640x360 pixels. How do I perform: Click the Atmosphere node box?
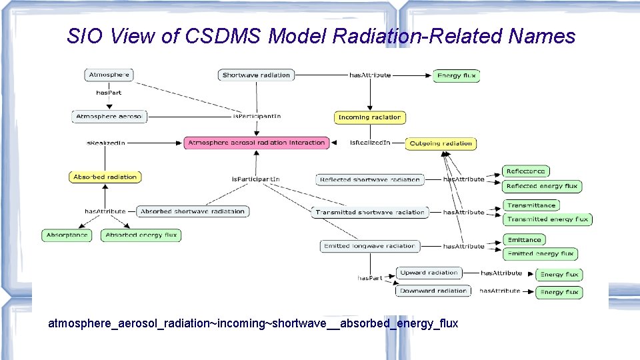tap(109, 75)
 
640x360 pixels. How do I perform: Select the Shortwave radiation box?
tap(256, 75)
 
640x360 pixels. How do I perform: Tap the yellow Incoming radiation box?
tap(369, 117)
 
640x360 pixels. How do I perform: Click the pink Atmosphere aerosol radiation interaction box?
tap(257, 143)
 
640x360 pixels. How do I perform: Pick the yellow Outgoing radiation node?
tap(441, 143)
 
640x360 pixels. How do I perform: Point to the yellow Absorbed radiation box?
tap(105, 177)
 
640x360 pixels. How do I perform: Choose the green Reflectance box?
tap(525, 172)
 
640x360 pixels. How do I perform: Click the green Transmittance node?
tap(531, 205)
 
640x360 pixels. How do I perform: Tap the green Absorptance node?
tap(67, 235)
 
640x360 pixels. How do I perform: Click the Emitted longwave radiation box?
tap(370, 246)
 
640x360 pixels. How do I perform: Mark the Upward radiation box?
tap(429, 273)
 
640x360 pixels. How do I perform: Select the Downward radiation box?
tap(433, 291)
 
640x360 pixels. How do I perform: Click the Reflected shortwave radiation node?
tap(370, 179)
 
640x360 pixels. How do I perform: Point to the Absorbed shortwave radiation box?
tap(193, 211)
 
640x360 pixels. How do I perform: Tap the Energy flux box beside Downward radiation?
tap(559, 292)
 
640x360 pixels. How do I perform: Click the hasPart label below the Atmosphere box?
tap(109, 93)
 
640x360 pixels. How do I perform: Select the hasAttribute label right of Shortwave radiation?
tap(370, 75)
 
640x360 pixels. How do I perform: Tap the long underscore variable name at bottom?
tap(253, 324)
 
